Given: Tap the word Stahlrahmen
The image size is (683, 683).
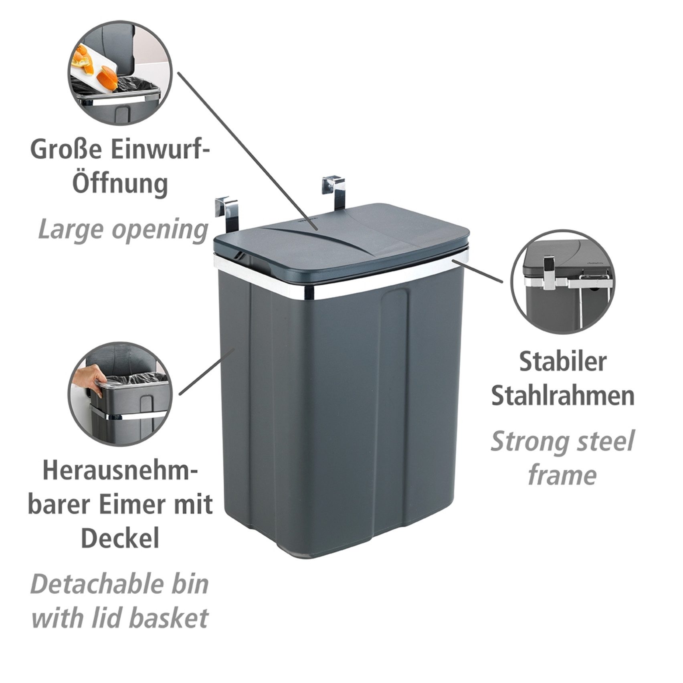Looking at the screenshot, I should coord(563,396).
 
